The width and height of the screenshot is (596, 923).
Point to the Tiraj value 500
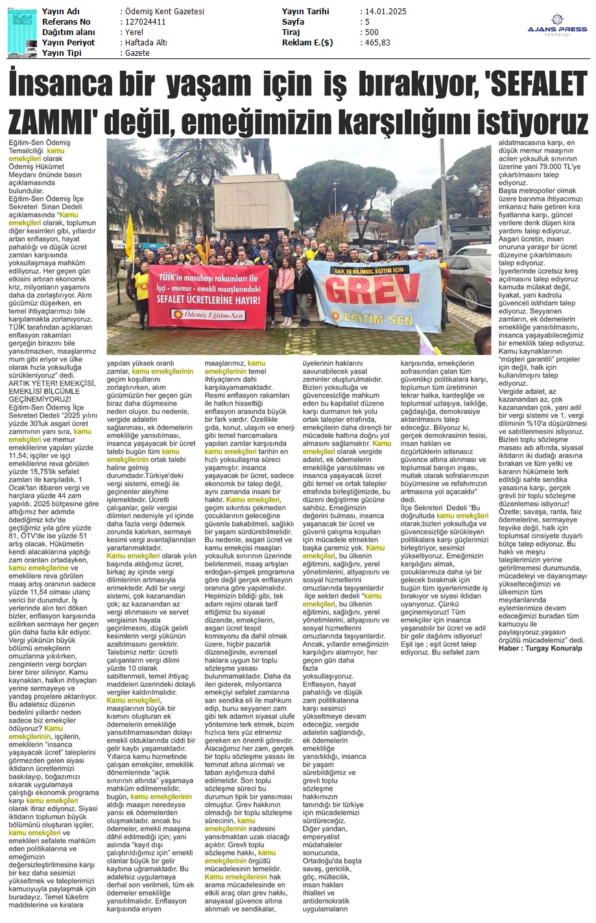coord(372,32)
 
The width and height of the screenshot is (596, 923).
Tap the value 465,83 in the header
coord(377,43)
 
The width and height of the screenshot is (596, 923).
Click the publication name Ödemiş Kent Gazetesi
coord(164,12)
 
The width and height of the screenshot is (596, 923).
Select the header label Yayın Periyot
coord(68,43)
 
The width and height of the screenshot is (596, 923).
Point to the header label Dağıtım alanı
coord(68,32)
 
